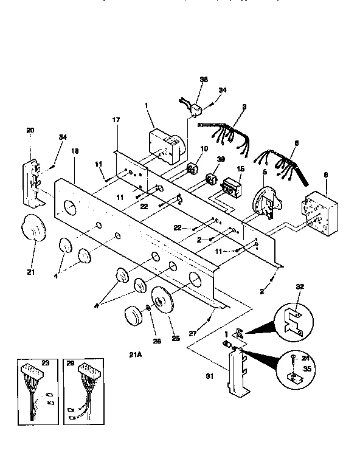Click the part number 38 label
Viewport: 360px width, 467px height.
204,80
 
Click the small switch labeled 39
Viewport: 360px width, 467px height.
213,180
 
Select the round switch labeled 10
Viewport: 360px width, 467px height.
195,168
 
